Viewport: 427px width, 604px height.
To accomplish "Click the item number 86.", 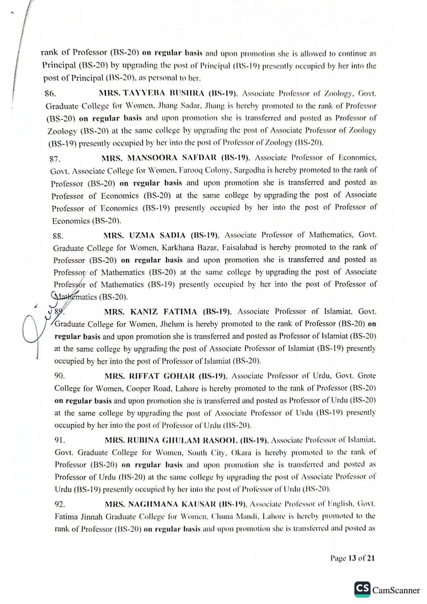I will (50, 94).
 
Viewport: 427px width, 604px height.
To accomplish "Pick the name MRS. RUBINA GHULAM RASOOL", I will (176, 440).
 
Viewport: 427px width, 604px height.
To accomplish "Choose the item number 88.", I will (58, 236).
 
